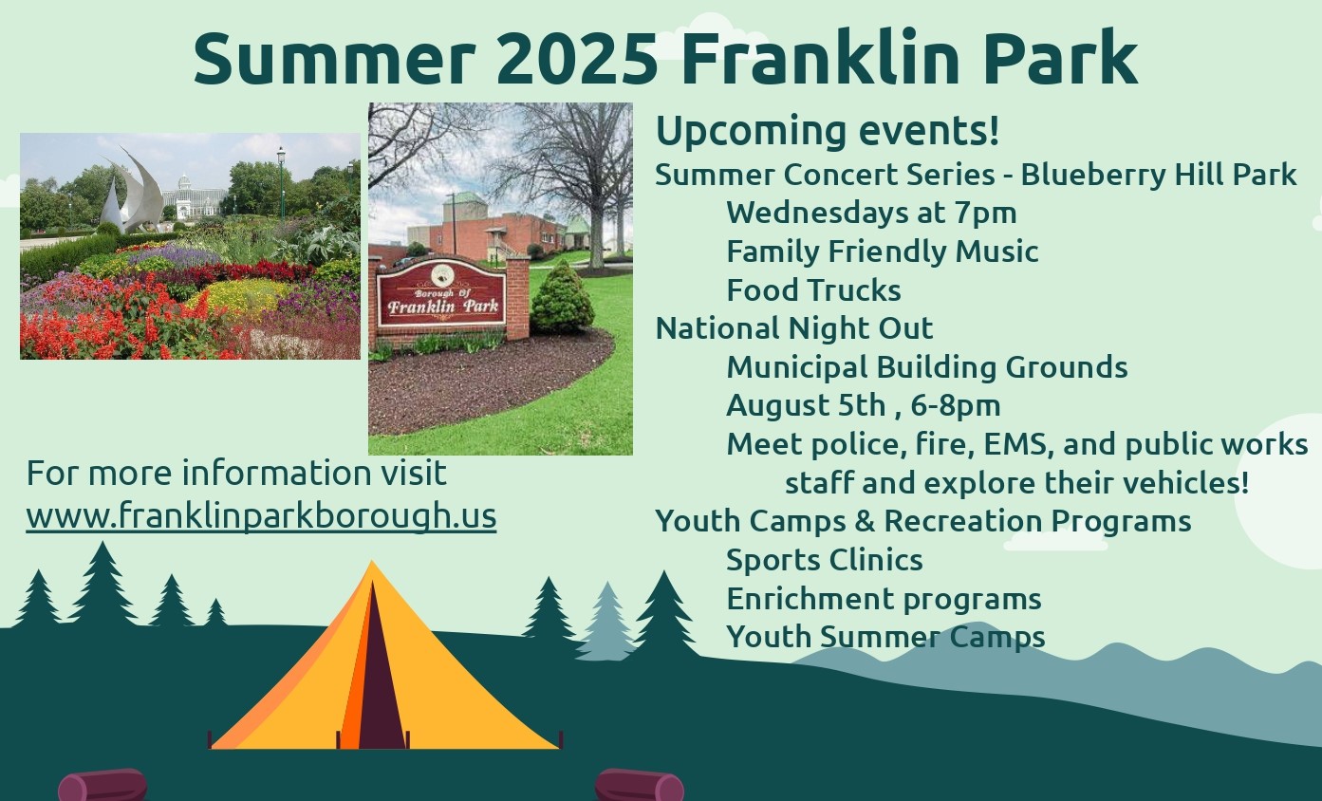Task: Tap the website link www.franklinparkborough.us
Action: click(261, 516)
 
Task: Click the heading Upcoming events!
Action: click(828, 132)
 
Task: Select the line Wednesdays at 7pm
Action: click(871, 214)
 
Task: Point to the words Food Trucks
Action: click(814, 290)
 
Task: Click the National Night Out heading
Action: click(794, 328)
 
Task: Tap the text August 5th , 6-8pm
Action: click(864, 406)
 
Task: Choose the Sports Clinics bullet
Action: click(825, 561)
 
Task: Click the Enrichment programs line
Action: click(884, 599)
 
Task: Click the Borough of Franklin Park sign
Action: click(441, 293)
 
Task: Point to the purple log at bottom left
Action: click(102, 785)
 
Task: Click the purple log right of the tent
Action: click(640, 785)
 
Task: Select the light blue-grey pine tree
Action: click(606, 623)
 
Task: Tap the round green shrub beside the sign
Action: click(562, 298)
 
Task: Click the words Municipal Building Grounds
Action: click(927, 367)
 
